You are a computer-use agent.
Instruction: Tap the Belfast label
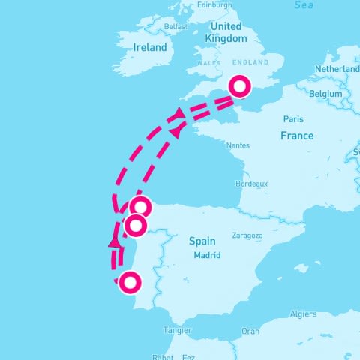click(x=175, y=26)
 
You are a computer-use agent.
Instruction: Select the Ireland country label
click(x=148, y=46)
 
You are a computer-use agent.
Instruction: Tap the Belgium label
click(x=325, y=94)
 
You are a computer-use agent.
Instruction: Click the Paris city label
click(x=293, y=119)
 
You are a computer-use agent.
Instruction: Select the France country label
click(x=296, y=136)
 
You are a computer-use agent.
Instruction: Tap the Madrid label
click(x=206, y=255)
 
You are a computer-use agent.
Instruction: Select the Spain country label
click(x=202, y=241)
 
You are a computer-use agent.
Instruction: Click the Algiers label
click(x=303, y=314)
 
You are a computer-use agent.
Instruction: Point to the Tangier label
click(x=177, y=330)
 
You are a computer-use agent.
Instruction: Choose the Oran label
click(x=250, y=331)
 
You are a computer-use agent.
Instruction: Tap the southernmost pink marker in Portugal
click(x=130, y=283)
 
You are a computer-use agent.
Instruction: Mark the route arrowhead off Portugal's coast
click(x=114, y=241)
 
